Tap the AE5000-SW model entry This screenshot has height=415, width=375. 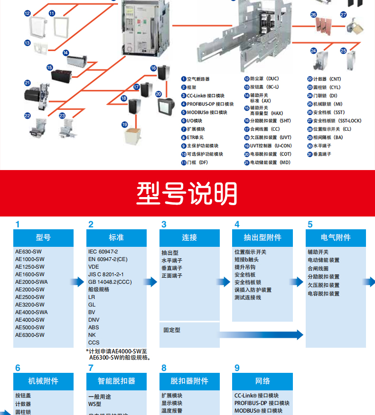click(x=29, y=327)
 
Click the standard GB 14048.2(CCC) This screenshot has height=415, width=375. click(x=110, y=282)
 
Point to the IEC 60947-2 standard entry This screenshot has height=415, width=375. click(x=103, y=252)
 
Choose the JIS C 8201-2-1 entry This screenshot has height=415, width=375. click(x=106, y=274)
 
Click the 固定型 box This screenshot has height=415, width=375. click(x=172, y=330)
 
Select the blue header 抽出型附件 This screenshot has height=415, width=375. click(x=262, y=237)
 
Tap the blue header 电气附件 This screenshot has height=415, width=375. click(x=336, y=237)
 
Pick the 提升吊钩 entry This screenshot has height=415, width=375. click(x=247, y=267)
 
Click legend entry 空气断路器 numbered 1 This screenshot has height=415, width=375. click(x=197, y=79)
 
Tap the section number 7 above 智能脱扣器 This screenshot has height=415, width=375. click(x=91, y=368)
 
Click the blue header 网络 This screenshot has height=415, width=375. click(x=262, y=381)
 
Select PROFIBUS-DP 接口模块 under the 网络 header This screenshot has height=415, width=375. click(x=262, y=403)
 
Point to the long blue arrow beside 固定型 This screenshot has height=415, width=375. click(x=261, y=334)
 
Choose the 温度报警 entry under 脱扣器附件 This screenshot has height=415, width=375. click(x=172, y=411)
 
